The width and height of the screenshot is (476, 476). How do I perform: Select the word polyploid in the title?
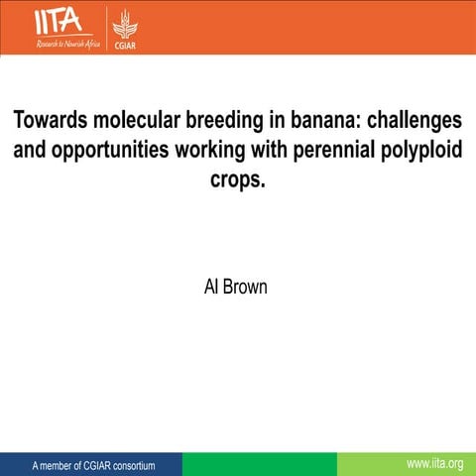pyautogui.click(x=422, y=151)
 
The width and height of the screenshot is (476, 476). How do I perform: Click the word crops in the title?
pyautogui.click(x=237, y=180)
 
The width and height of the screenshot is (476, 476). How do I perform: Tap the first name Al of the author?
pyautogui.click(x=209, y=289)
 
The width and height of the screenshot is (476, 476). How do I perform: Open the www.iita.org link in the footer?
pyautogui.click(x=434, y=464)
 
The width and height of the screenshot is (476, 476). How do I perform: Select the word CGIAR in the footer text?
pyautogui.click(x=82, y=465)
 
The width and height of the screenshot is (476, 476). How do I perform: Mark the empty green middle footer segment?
pyautogui.click(x=259, y=464)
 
